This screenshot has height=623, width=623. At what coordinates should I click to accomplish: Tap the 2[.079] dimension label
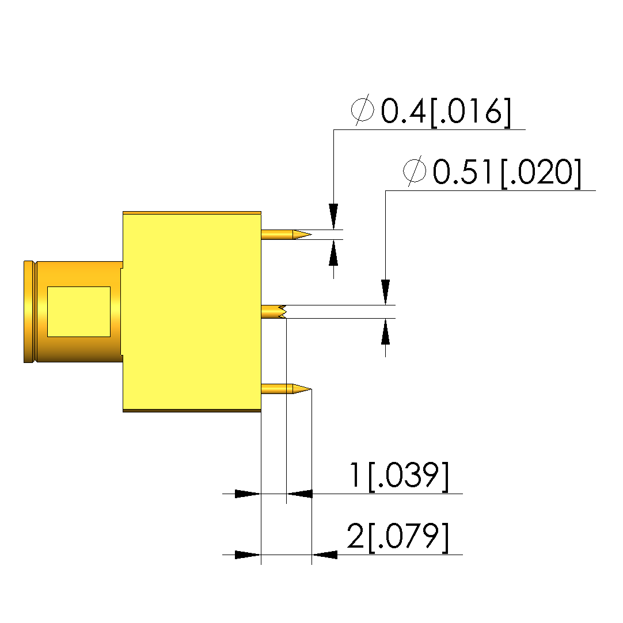pyautogui.click(x=397, y=537)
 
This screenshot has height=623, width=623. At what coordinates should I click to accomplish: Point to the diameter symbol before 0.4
pyautogui.click(x=363, y=111)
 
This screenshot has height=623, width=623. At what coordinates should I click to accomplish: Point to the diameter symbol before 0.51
pyautogui.click(x=415, y=171)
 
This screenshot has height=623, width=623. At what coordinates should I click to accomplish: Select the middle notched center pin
pyautogui.click(x=273, y=312)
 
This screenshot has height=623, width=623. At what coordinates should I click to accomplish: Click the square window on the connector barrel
pyautogui.click(x=78, y=311)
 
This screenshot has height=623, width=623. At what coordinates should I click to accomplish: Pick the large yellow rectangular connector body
pyautogui.click(x=192, y=312)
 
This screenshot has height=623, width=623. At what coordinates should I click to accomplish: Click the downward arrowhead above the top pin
pyautogui.click(x=333, y=217)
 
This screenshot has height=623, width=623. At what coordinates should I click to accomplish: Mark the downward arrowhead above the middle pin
pyautogui.click(x=386, y=292)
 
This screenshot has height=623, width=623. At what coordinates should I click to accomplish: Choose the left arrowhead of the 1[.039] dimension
pyautogui.click(x=248, y=494)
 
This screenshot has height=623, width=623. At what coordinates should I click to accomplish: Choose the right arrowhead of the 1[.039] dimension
pyautogui.click(x=299, y=494)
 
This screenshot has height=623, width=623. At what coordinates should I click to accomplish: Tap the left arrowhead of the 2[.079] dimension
pyautogui.click(x=248, y=555)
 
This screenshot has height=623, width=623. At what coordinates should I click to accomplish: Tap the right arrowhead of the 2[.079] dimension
pyautogui.click(x=325, y=555)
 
